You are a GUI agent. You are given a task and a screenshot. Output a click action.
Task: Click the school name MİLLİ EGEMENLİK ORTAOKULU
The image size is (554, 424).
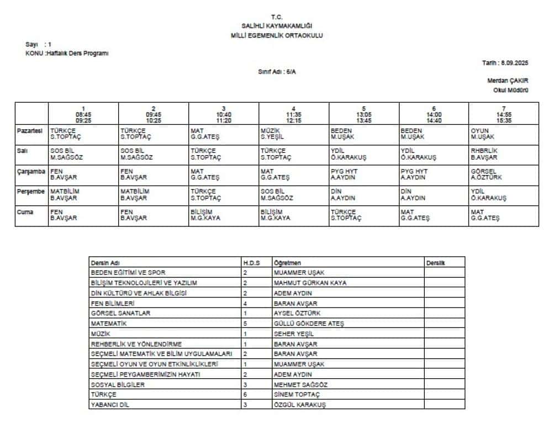click(277, 35)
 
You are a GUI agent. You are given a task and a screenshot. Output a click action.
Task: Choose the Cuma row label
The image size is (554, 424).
click(25, 213)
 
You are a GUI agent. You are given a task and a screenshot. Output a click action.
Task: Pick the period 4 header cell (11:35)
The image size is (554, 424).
click(294, 114)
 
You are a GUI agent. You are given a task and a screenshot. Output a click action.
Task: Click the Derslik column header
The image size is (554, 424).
click(436, 263)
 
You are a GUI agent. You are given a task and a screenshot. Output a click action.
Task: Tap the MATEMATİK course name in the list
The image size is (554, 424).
click(109, 323)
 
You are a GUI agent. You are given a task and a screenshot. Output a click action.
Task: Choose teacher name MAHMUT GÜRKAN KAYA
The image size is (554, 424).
click(310, 283)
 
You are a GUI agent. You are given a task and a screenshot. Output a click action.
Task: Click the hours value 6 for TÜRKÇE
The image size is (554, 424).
click(245, 395)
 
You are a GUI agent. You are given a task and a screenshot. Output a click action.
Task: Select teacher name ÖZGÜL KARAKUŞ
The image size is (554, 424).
click(300, 405)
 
